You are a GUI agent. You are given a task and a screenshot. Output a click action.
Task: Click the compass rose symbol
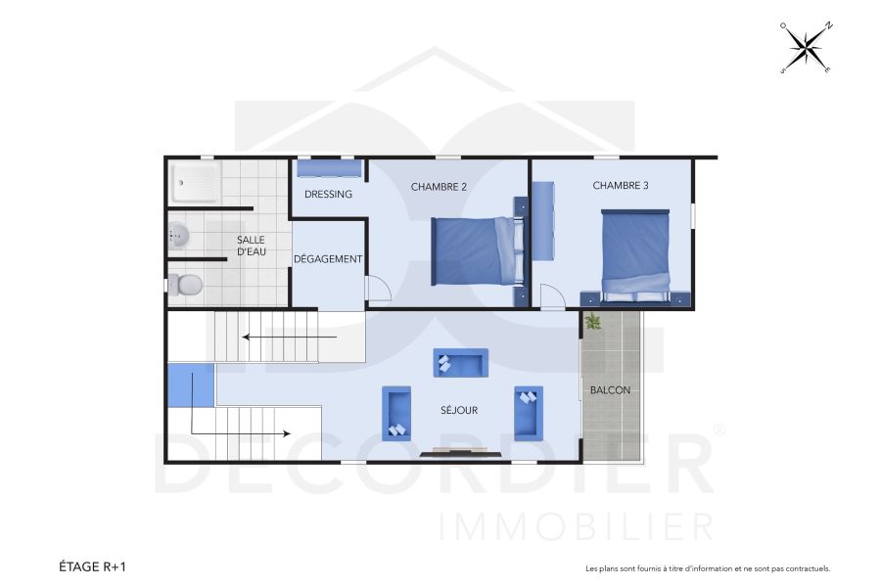806,48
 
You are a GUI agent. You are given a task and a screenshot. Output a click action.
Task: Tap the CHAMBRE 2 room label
439,187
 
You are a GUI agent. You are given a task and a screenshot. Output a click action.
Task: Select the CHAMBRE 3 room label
620,185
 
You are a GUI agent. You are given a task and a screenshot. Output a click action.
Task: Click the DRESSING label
328,194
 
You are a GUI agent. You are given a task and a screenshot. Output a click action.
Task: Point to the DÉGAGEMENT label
328,259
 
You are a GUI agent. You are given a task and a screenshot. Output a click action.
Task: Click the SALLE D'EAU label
251,246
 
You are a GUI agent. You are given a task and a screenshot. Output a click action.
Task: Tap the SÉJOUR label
458,410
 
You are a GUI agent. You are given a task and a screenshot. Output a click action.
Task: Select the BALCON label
610,390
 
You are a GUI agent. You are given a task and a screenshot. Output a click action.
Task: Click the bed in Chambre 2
473,250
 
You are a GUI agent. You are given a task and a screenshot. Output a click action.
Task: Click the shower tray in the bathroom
196,183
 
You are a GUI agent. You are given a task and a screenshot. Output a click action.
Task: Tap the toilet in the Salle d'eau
185,285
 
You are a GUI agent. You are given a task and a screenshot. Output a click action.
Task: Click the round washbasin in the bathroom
177,235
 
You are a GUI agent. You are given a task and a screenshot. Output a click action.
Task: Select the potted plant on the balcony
592,321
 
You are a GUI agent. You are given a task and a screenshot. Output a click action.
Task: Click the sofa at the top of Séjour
460,363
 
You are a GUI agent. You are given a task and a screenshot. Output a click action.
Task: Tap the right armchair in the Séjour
528,412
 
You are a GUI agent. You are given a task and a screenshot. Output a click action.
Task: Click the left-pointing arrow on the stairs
290,338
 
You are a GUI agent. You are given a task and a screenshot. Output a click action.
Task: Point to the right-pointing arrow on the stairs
240,431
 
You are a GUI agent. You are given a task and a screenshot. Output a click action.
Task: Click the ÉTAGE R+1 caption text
92,566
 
